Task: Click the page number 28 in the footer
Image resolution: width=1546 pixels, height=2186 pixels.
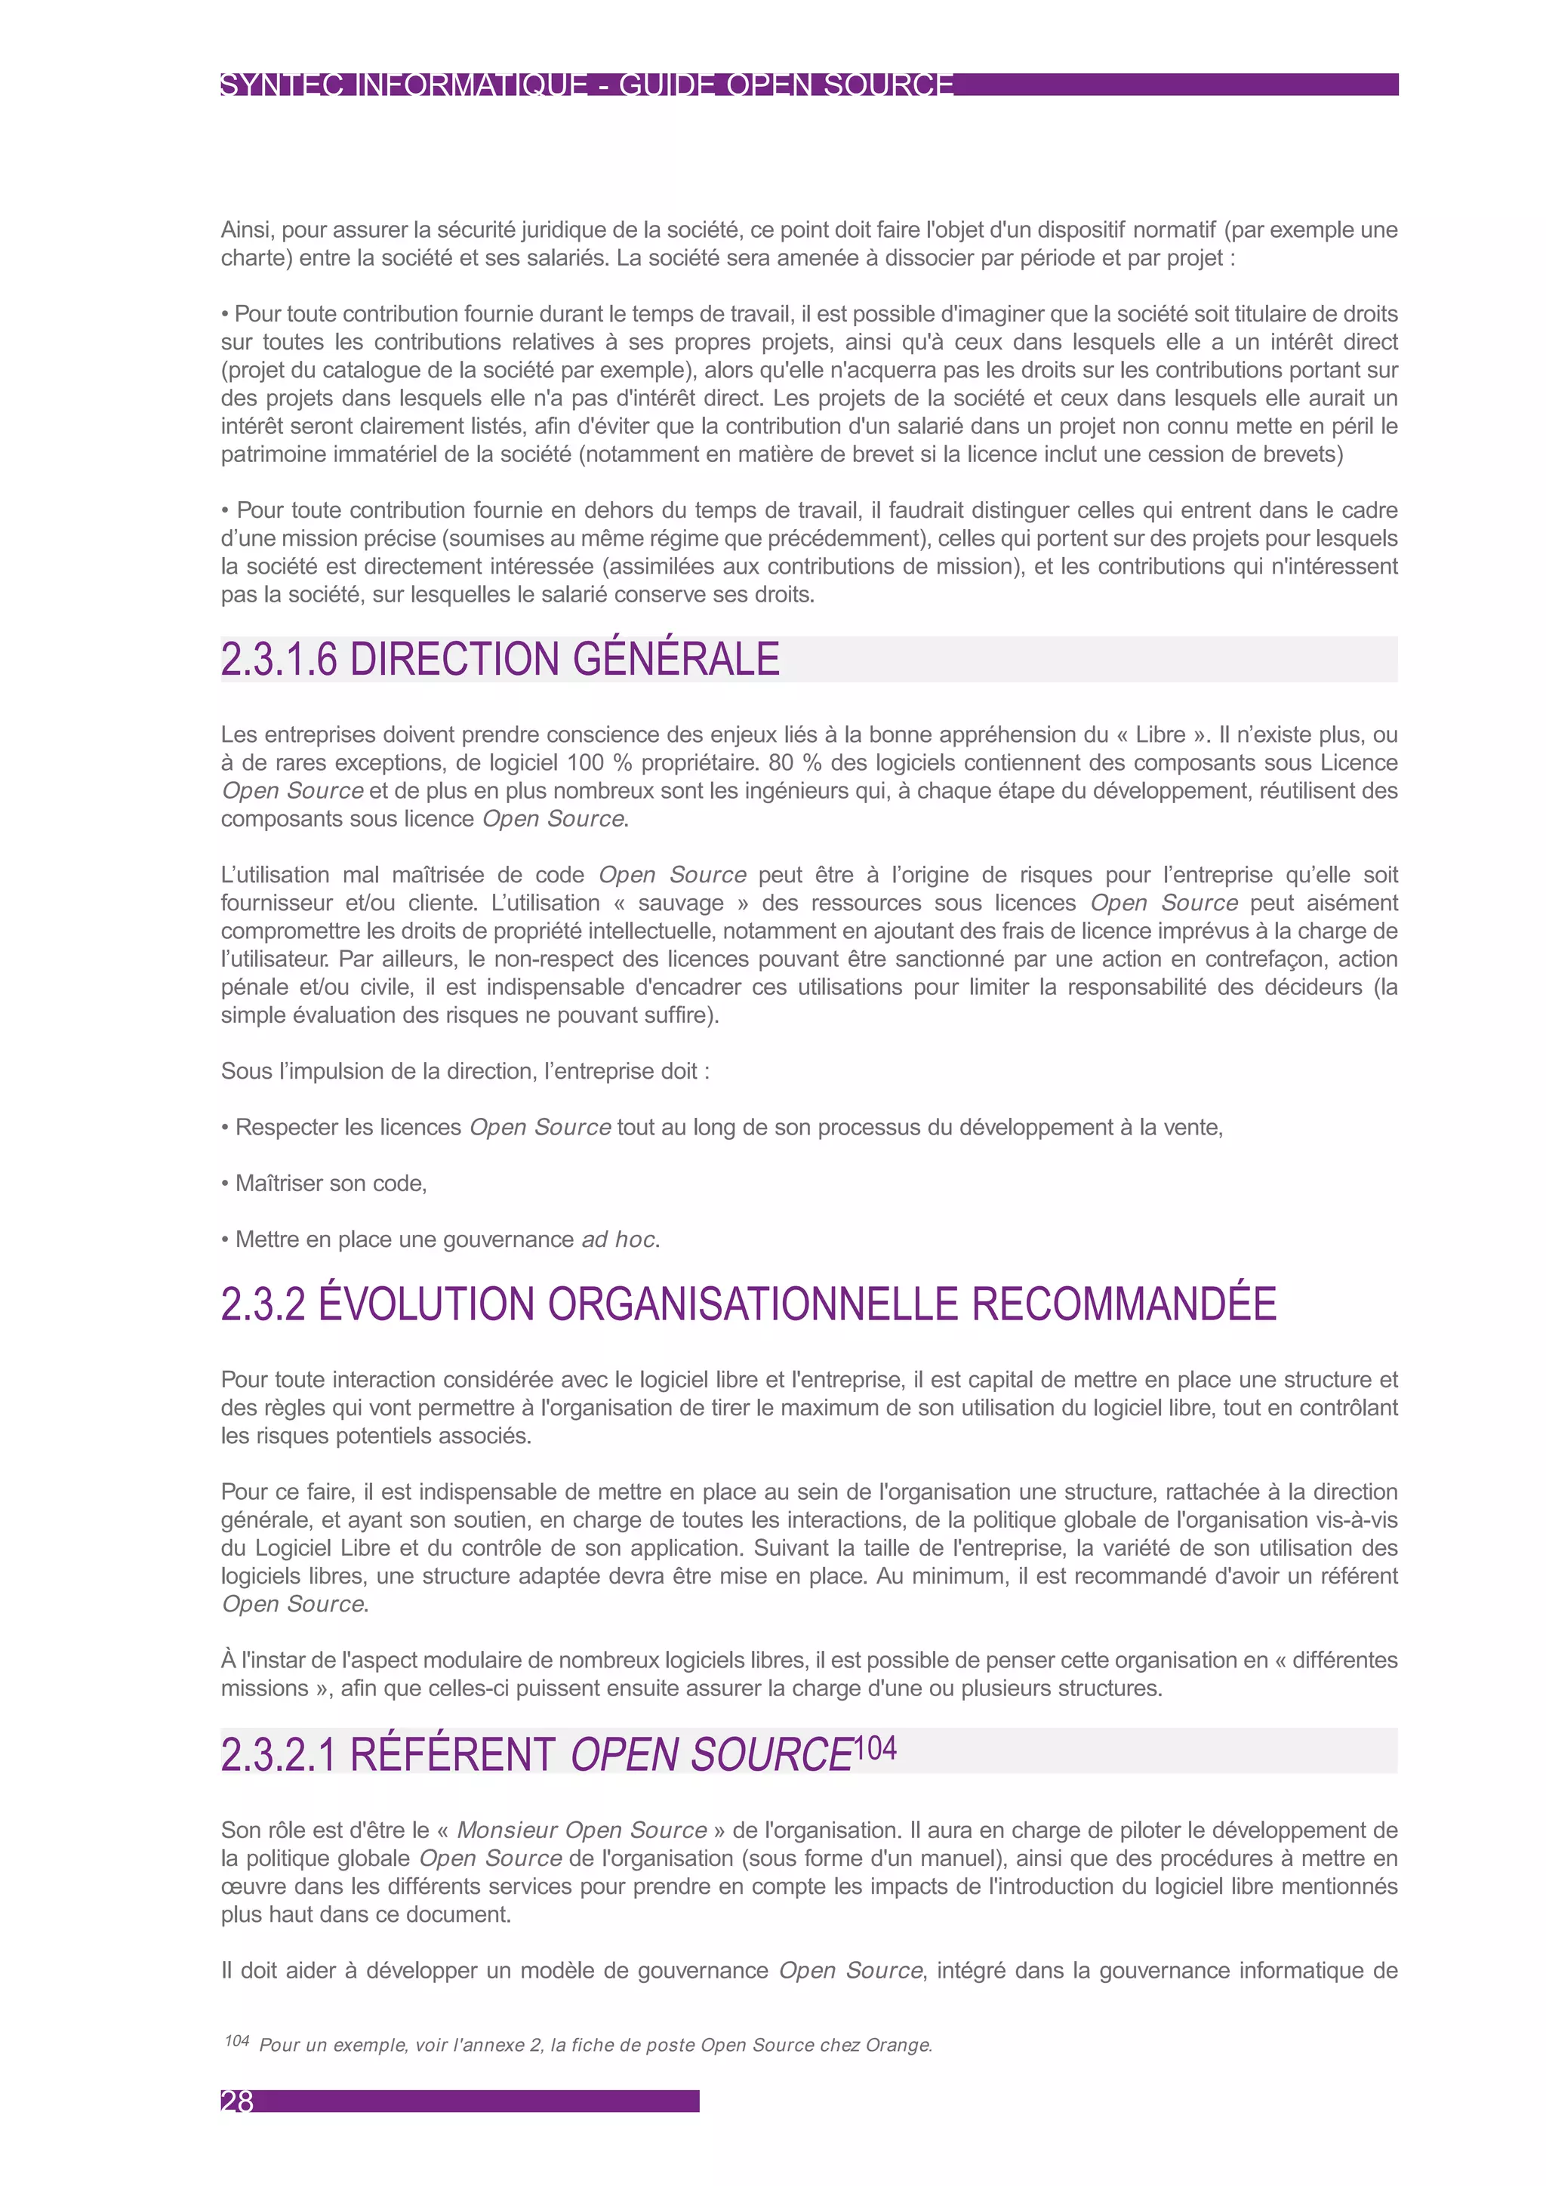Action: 237,2101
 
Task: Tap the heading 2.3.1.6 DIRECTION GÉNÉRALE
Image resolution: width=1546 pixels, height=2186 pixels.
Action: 500,659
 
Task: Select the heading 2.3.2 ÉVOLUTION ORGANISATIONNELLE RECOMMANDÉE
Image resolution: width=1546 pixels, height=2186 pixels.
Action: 748,1304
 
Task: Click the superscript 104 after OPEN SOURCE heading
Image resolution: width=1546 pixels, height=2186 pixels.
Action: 875,1748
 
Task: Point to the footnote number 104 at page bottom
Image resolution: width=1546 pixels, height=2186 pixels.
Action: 237,2040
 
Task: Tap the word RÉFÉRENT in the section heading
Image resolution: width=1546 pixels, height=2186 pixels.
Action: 452,1753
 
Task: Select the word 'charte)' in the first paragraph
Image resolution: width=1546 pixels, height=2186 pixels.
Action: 256,258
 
